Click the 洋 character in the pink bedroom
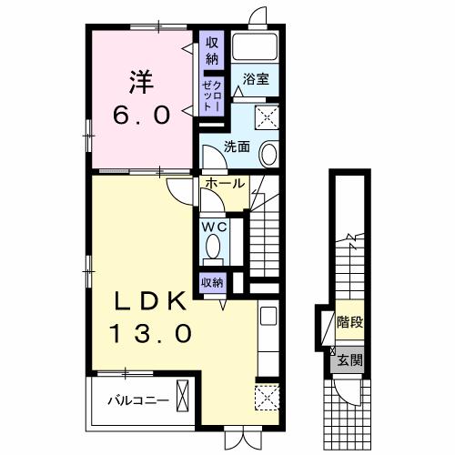142,82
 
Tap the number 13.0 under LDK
151,333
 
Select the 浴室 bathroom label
256,79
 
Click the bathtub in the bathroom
255,46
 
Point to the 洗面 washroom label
237,147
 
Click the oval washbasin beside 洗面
268,154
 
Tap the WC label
215,227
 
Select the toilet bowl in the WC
213,247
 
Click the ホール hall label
225,183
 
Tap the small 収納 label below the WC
212,283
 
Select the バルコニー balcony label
138,400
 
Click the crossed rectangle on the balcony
183,396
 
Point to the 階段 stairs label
350,322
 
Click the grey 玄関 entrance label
350,360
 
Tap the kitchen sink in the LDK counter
268,316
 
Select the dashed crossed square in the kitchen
267,398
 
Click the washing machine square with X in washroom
267,117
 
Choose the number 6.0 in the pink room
141,116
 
